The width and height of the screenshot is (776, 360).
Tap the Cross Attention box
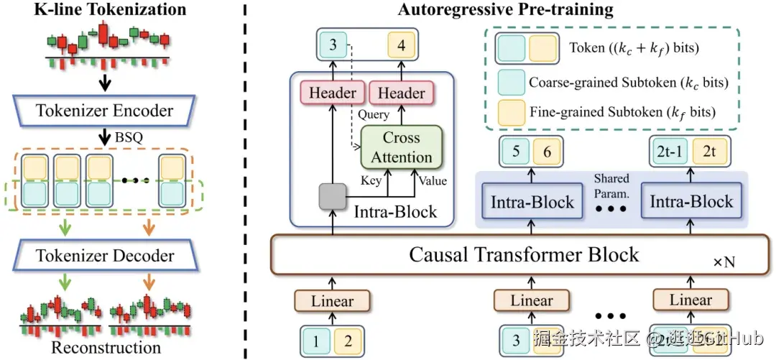pyautogui.click(x=401, y=147)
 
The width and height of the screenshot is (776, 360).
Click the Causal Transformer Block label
pyautogui.click(x=524, y=254)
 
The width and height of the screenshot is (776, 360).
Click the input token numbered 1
pyautogui.click(x=315, y=341)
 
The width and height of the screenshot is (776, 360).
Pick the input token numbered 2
pyautogui.click(x=347, y=341)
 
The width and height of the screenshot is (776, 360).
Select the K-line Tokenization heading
pyautogui.click(x=110, y=10)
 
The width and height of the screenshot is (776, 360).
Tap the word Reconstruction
pyautogui.click(x=106, y=348)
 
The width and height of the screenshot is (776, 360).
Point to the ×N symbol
pyautogui.click(x=724, y=262)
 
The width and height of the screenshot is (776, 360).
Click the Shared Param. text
pyautogui.click(x=611, y=185)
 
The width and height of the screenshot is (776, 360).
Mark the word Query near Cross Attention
pyautogui.click(x=374, y=114)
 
